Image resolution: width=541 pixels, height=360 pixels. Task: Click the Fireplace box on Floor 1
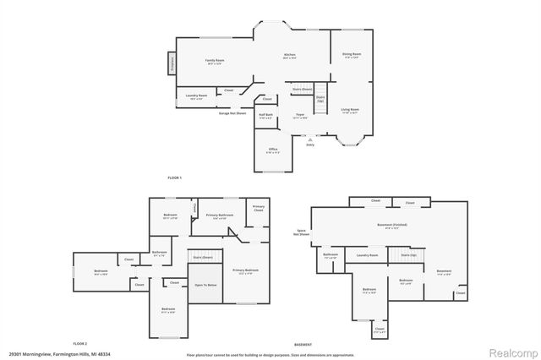(x=172, y=63)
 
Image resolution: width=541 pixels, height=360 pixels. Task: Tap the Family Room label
(x=215, y=62)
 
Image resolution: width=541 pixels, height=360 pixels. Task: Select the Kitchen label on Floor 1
(x=289, y=57)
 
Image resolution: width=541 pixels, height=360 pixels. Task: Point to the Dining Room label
(x=351, y=55)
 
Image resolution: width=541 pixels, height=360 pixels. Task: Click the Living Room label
(x=350, y=110)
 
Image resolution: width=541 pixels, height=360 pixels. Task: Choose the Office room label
(x=272, y=150)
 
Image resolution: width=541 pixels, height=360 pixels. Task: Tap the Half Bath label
(x=265, y=117)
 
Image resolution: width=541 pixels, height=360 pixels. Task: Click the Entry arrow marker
(x=310, y=140)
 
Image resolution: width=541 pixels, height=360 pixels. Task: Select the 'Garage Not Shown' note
(x=232, y=112)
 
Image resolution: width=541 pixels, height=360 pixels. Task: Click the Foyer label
(x=300, y=115)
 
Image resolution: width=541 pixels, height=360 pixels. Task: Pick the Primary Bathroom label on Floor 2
(x=220, y=215)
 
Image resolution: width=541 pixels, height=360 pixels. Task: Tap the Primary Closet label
(x=258, y=208)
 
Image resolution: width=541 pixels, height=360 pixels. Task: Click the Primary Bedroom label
(x=245, y=270)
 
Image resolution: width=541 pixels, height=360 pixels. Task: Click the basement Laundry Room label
(x=367, y=254)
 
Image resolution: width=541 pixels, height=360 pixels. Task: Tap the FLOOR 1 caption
(x=175, y=177)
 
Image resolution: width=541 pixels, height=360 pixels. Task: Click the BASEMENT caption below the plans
(x=303, y=345)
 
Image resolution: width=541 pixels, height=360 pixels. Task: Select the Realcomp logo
(x=510, y=352)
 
